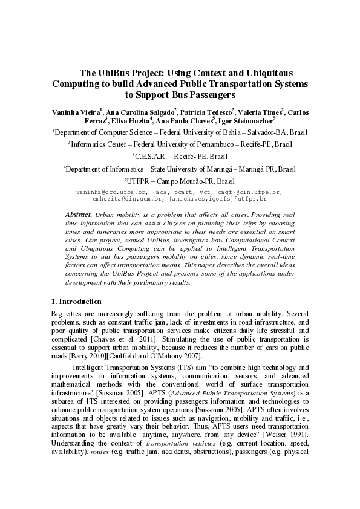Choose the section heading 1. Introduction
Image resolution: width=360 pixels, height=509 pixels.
pyautogui.click(x=76, y=302)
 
